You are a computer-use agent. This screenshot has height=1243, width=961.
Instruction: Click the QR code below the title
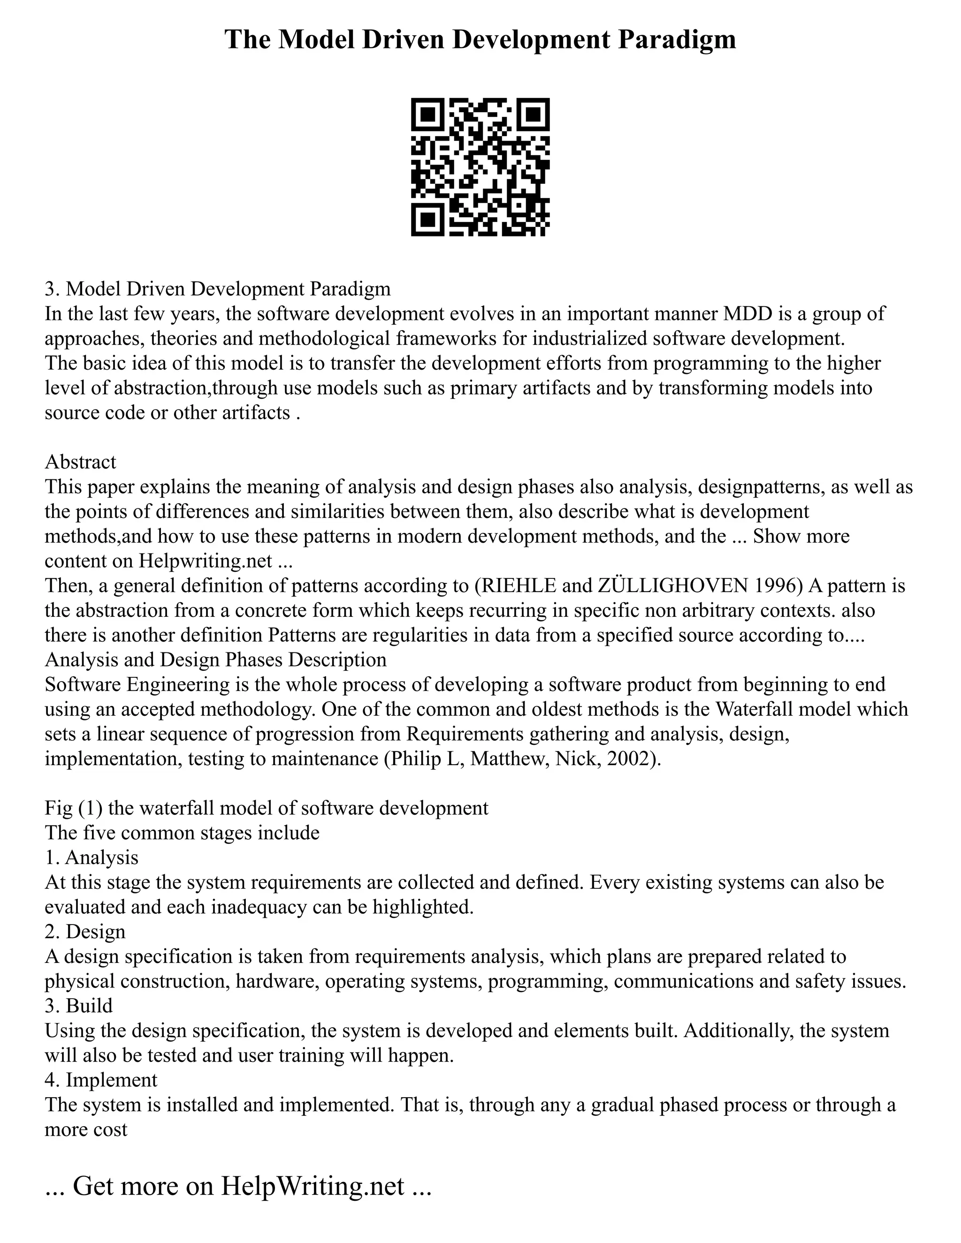480,167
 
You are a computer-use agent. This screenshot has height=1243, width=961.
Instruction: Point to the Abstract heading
80,462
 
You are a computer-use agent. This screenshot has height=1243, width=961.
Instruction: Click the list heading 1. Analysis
92,857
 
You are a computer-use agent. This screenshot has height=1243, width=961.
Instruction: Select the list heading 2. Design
85,932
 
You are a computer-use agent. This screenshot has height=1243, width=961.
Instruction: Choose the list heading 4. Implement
101,1080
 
